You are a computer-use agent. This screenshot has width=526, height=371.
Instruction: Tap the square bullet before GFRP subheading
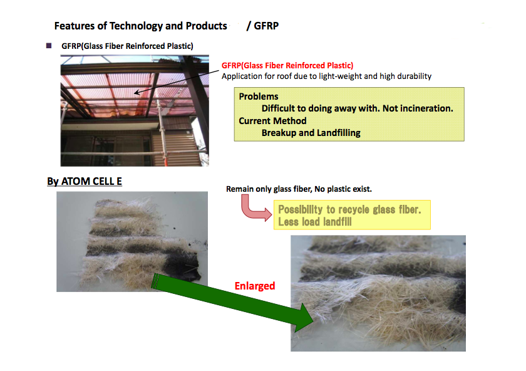click(49, 46)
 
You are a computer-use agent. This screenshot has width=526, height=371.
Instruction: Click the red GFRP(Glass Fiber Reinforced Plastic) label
click(287, 65)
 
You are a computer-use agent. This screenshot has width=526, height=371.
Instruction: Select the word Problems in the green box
click(259, 97)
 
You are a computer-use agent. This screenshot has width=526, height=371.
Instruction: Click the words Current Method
click(272, 121)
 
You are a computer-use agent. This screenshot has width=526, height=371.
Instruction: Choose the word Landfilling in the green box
click(339, 133)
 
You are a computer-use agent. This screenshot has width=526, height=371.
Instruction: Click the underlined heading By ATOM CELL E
click(84, 181)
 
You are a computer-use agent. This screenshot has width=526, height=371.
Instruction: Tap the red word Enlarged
click(255, 286)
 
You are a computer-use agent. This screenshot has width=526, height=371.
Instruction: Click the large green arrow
click(232, 300)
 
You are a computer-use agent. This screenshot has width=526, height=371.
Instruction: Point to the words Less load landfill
click(314, 222)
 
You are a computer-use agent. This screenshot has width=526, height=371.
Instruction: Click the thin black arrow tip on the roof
click(135, 93)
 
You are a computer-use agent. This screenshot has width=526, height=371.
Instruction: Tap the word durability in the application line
click(414, 76)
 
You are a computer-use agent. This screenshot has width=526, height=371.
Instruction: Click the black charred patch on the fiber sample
click(182, 266)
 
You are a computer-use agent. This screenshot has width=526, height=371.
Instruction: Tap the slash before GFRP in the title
click(249, 26)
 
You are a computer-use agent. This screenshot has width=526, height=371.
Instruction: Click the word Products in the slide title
click(206, 26)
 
